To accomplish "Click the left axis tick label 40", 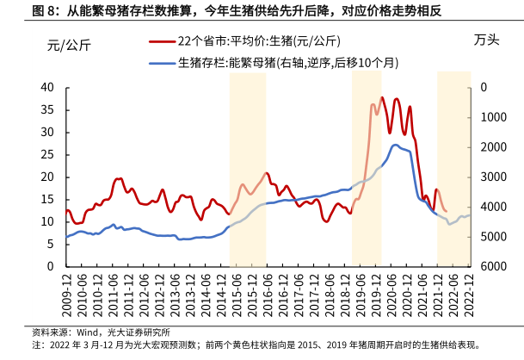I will click(47, 87).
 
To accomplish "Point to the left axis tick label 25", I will click(47, 154).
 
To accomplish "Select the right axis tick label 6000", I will click(494, 266).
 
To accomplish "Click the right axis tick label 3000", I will click(494, 177).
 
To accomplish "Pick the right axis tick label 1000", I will click(494, 117).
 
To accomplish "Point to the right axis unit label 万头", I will click(485, 40).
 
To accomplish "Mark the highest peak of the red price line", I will click(382, 97).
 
